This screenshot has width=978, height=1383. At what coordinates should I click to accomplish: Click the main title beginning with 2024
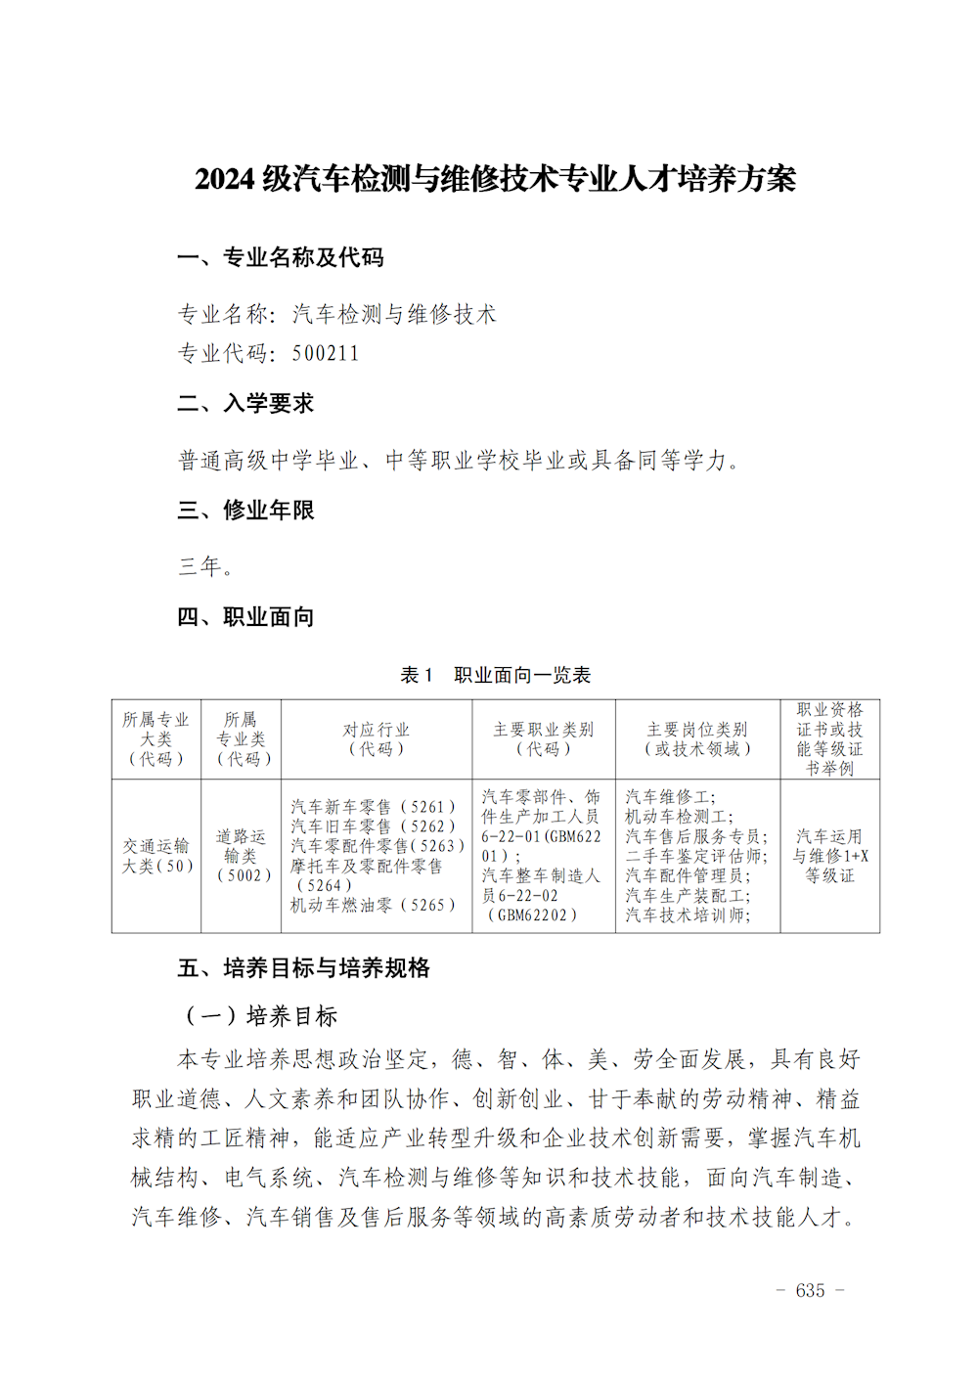point(495,179)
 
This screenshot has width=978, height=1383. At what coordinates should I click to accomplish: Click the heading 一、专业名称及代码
point(280,257)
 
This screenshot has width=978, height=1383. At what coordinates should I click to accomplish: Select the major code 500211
point(326,353)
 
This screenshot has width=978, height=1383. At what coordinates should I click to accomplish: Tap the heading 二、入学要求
point(245,403)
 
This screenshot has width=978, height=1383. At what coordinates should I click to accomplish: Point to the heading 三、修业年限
point(245,510)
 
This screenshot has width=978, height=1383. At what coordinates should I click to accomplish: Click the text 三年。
point(205,566)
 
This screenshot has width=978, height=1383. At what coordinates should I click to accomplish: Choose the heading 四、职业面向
point(245,617)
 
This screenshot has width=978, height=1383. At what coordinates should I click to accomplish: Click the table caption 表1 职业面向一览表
point(495,675)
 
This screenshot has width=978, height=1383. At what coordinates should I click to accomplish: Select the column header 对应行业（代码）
point(377,739)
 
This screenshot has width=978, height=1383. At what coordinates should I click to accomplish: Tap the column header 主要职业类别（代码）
point(544,739)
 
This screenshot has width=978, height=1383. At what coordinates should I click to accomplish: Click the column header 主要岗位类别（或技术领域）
point(697,739)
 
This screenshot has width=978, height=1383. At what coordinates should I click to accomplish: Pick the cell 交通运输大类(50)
point(156,856)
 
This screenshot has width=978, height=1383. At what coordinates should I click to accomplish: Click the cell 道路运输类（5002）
point(242,856)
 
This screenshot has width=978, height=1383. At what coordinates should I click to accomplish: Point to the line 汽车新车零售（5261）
point(373,807)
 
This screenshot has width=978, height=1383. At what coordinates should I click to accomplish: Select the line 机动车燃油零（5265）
point(373,906)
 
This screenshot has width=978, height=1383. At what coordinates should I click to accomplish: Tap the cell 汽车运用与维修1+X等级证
point(829,856)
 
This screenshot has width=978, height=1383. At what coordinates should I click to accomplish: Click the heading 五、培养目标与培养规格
point(303,968)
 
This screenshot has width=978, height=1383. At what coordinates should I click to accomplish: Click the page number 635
point(810,1291)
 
